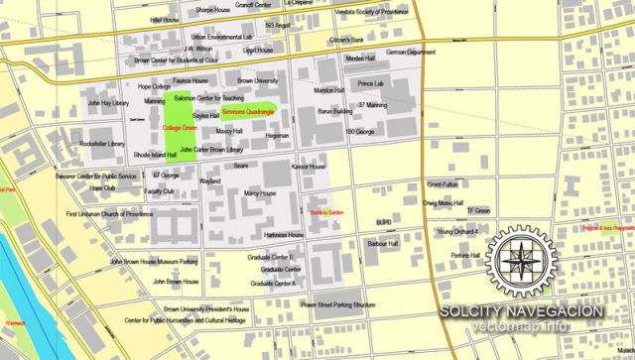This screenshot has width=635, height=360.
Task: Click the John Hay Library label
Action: pos(105,102)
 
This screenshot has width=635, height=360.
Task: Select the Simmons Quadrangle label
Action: pos(247,113)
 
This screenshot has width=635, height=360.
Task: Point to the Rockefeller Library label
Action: pos(102,144)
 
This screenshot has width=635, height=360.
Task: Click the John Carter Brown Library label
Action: pos(211,150)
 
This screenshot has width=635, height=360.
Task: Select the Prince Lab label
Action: pos(372,84)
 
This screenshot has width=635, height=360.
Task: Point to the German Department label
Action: pos(410,52)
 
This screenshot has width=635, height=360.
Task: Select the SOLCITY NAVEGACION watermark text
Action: pos(522,310)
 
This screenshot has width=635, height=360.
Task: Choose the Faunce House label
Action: pos(190,80)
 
